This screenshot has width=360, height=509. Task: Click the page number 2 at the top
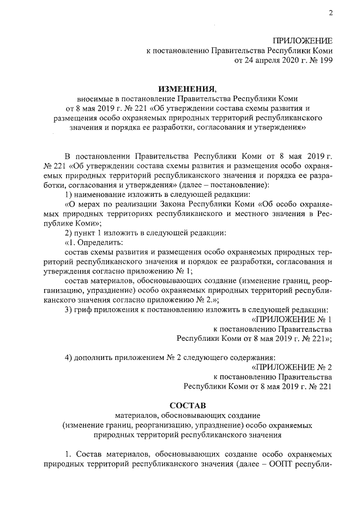(331, 14)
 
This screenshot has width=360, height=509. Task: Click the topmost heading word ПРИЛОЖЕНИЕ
(303, 40)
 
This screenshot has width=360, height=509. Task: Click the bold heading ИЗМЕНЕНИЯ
(186, 88)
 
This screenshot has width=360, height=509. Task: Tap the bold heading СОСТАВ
(186, 405)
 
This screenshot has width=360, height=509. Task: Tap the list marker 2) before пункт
(69, 233)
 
